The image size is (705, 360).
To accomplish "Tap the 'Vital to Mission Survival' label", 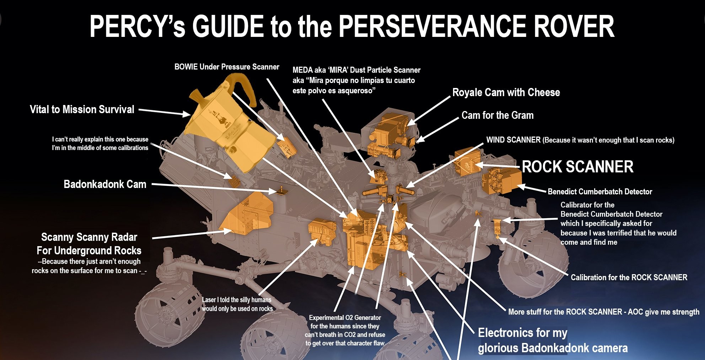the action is [x=82, y=109].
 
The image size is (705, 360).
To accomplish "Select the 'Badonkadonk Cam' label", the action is [x=105, y=184].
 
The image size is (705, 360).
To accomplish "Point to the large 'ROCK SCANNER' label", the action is [x=577, y=167].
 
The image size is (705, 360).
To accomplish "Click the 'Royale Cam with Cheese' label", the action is [x=506, y=93].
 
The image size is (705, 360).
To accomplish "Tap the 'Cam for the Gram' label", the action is [x=497, y=115].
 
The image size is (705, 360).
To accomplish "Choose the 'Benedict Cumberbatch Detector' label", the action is [x=600, y=192].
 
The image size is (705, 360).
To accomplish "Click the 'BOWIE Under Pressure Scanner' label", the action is [x=227, y=67].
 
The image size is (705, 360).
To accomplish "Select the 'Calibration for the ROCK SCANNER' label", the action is [x=629, y=277].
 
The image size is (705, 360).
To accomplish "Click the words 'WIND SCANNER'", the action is [x=513, y=140].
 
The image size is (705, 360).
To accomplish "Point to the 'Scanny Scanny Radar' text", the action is [x=89, y=237].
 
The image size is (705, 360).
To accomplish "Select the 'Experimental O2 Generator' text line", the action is [x=345, y=318].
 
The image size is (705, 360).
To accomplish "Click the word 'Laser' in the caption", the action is [x=209, y=300].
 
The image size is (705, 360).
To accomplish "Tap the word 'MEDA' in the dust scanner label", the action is [x=302, y=70].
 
